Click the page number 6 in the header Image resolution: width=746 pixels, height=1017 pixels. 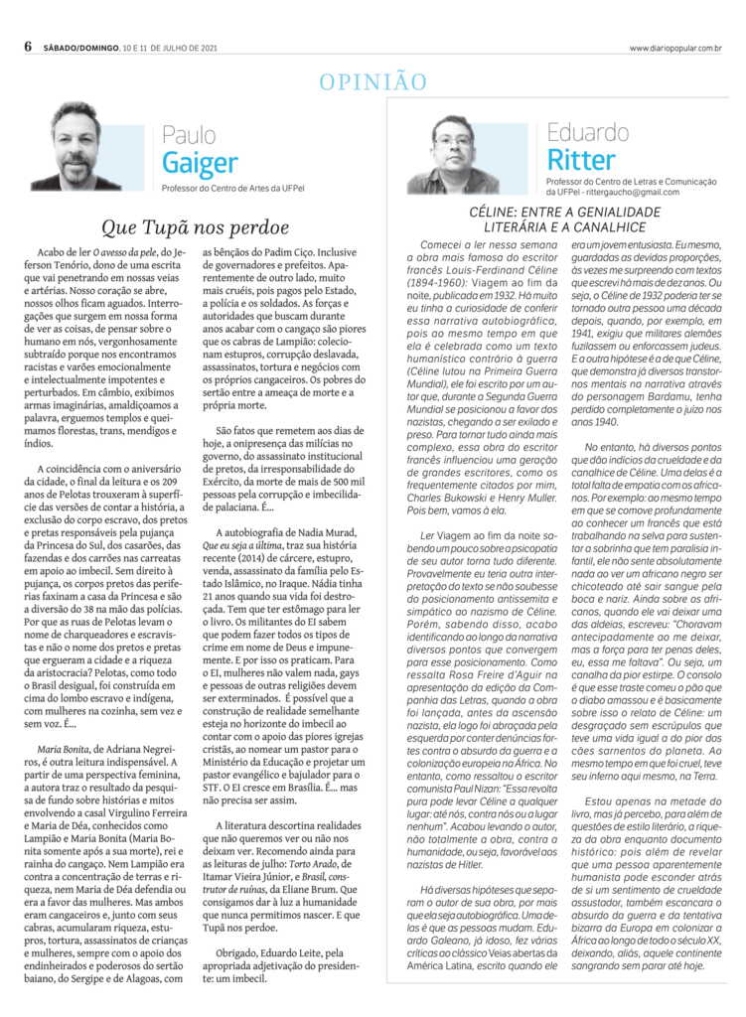click(29, 47)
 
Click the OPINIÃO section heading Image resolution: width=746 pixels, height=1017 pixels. click(373, 81)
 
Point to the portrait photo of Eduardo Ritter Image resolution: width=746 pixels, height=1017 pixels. click(453, 154)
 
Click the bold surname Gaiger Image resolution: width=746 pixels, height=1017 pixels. click(200, 162)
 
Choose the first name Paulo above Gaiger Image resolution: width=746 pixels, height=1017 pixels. click(189, 134)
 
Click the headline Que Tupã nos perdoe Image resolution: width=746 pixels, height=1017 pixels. click(197, 227)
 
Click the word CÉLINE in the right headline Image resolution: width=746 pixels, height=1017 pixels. click(498, 213)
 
